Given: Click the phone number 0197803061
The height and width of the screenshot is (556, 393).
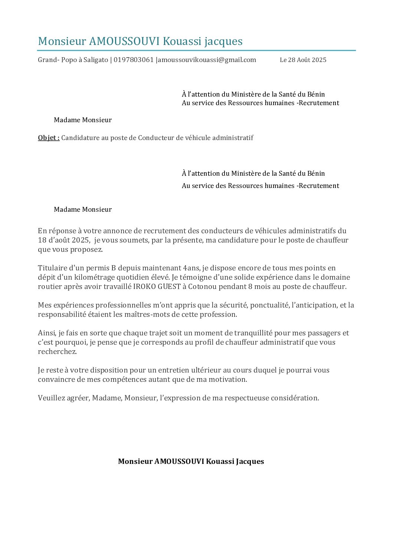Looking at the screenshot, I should point(134,60).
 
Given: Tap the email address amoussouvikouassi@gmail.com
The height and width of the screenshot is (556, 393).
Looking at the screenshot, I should point(207,60).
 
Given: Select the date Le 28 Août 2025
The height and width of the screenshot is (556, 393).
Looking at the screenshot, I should point(303,60).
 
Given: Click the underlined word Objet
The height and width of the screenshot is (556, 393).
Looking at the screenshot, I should point(48,138).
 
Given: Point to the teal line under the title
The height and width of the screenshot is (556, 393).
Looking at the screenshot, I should point(196,50).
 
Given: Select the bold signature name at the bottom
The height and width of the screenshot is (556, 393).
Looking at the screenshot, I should point(191,461).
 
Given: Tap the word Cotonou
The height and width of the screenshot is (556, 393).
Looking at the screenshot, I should point(203,287).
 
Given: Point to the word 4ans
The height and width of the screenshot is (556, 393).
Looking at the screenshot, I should point(191,268).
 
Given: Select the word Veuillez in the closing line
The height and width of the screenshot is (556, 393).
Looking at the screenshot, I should point(51,398).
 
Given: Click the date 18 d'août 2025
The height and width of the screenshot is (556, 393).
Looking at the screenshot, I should point(63,240).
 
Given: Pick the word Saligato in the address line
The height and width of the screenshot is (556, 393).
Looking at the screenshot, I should point(96,60).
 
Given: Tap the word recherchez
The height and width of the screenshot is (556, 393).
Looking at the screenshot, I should point(57,352).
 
